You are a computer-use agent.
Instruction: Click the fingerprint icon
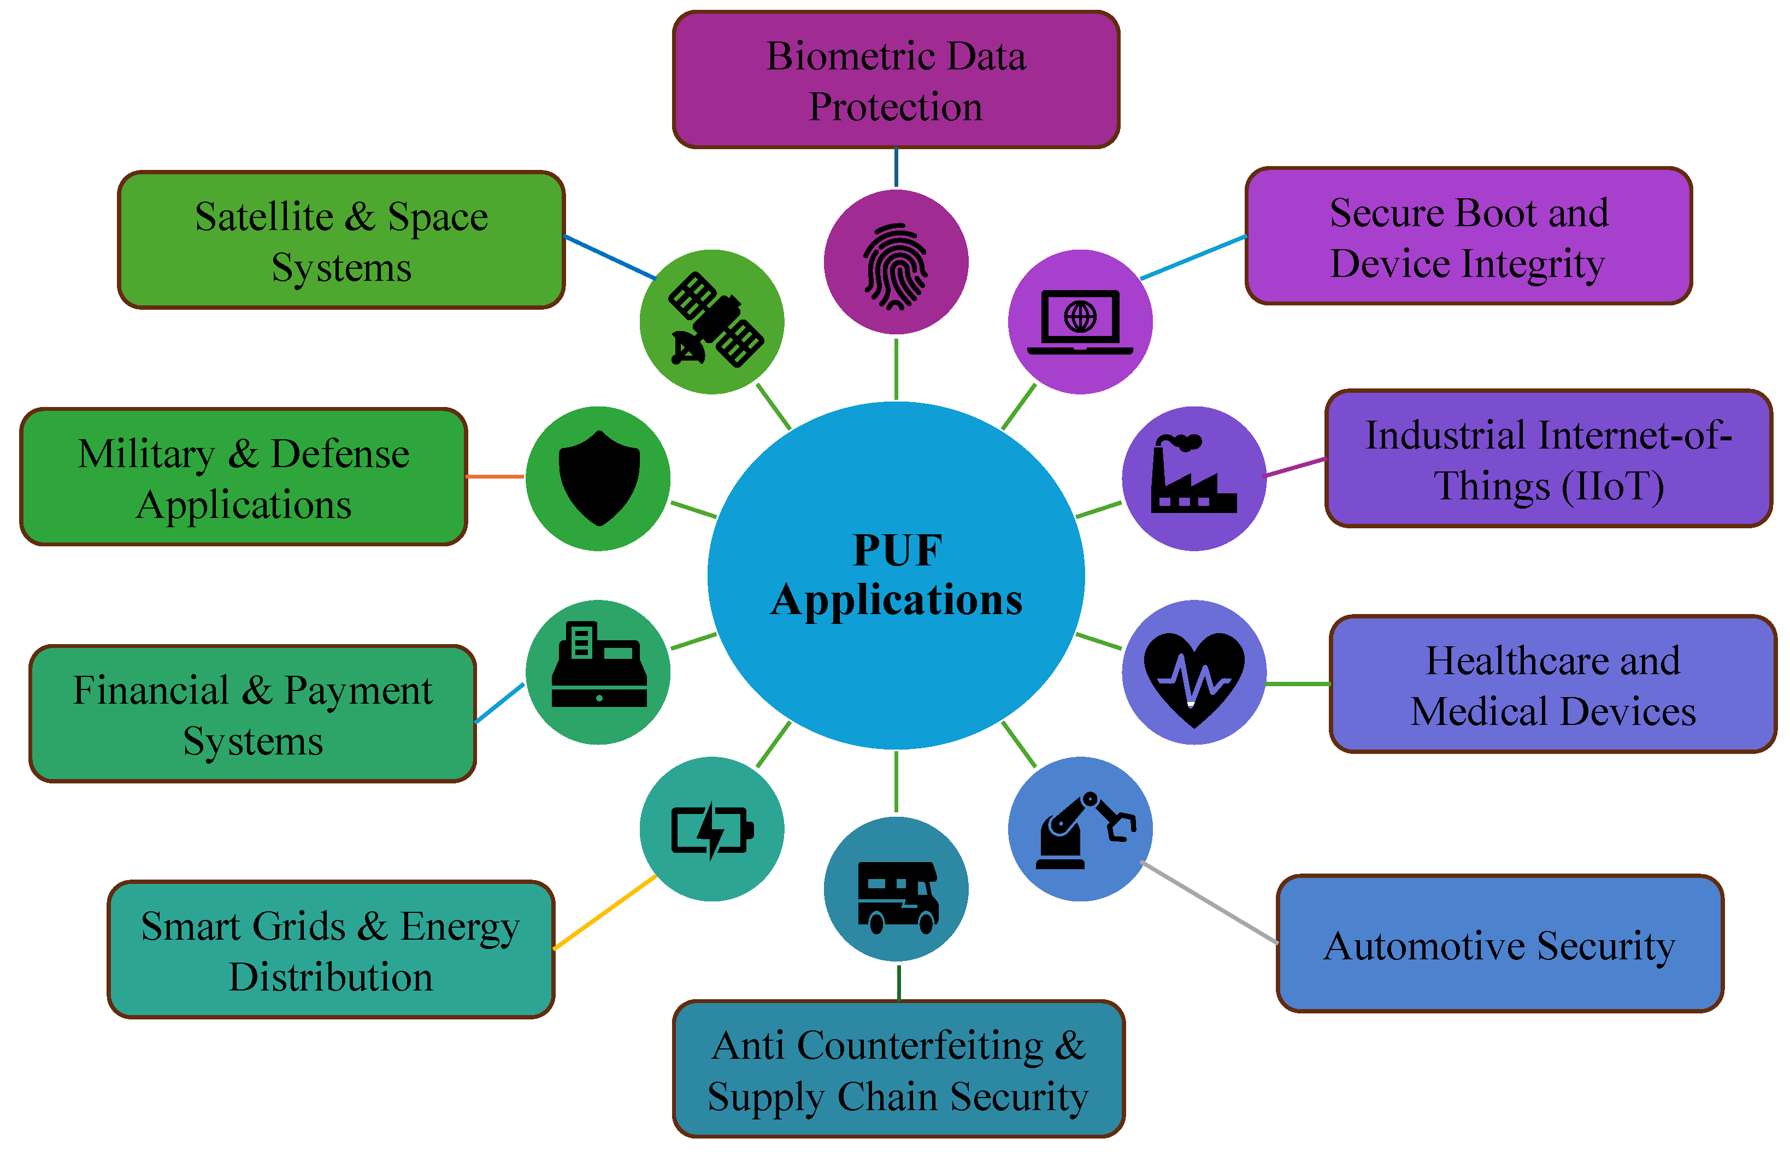(896, 267)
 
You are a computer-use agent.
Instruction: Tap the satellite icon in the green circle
(715, 321)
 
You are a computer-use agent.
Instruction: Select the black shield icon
(599, 477)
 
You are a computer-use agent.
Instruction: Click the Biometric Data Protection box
(896, 80)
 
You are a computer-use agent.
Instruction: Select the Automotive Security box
(1499, 945)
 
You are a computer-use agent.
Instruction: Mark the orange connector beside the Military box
(494, 476)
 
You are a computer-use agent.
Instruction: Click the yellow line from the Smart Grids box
(605, 912)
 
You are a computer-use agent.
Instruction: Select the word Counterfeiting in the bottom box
(920, 1046)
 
